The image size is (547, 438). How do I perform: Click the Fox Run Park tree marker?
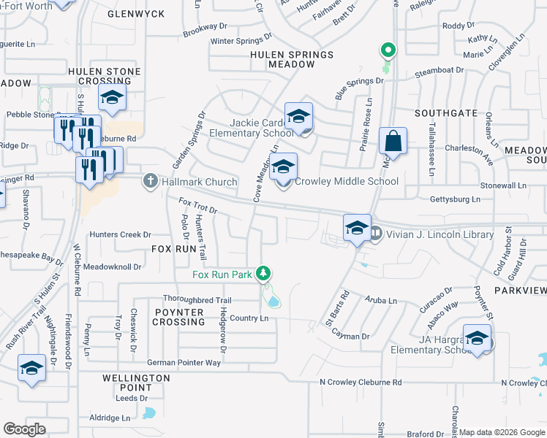(263, 275)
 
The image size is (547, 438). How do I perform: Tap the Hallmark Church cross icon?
(150, 181)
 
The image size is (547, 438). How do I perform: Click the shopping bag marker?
(393, 142)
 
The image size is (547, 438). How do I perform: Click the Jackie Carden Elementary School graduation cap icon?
(298, 117)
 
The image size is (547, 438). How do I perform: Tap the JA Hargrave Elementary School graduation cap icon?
(477, 338)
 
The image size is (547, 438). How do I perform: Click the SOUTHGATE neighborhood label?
(445, 114)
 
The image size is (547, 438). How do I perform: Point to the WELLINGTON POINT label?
(137, 383)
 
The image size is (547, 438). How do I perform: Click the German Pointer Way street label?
(184, 363)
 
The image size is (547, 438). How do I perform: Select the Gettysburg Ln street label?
(455, 199)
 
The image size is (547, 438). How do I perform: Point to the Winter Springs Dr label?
(241, 41)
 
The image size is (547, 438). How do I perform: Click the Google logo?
(24, 429)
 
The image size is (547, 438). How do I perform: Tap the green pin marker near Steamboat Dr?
(388, 50)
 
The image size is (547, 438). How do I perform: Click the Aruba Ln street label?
(381, 301)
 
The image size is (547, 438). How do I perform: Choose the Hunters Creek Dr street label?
(120, 235)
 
